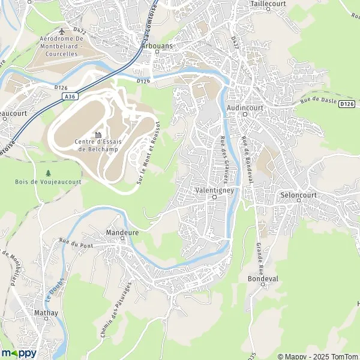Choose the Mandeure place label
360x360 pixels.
[x=122, y=230]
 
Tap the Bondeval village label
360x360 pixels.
[x=263, y=279]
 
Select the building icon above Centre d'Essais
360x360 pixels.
[x=97, y=134]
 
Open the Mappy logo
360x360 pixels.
[x=19, y=353]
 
